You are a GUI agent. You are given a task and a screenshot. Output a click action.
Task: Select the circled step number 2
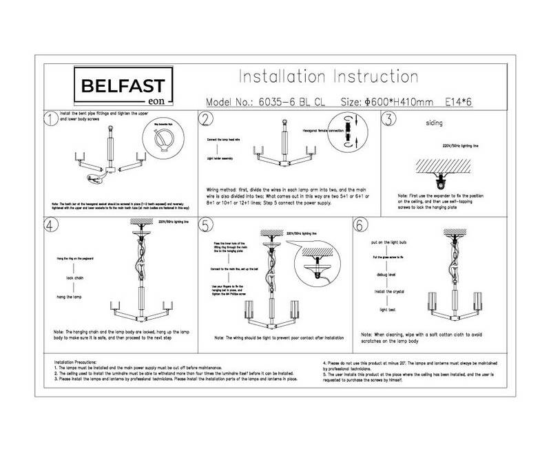[x=206, y=120]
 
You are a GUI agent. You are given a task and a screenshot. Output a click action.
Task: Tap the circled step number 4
[x=50, y=227]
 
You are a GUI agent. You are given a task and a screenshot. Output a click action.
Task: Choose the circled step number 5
[x=206, y=227]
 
